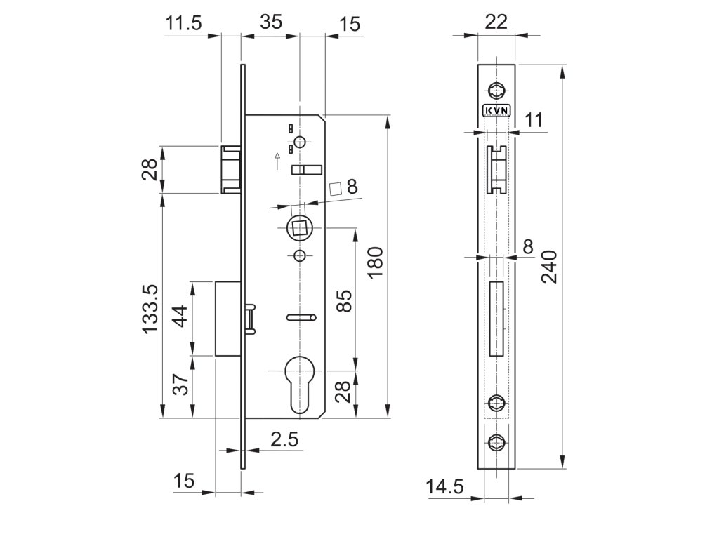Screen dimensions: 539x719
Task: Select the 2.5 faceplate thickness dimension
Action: (x=284, y=440)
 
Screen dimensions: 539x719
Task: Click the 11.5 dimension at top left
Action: (x=183, y=23)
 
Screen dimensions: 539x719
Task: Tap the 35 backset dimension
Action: (x=271, y=22)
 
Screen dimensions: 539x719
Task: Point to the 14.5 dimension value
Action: (x=445, y=486)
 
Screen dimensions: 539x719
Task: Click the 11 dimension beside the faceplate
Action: (x=534, y=120)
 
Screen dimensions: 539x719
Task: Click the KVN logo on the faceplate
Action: (x=496, y=109)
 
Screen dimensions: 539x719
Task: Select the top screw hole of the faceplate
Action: (x=496, y=89)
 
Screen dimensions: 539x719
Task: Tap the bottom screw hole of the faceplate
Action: (x=496, y=442)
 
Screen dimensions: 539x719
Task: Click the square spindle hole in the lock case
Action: (x=300, y=227)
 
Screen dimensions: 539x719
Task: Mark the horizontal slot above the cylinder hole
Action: (x=301, y=318)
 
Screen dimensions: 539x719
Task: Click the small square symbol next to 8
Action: (x=336, y=187)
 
